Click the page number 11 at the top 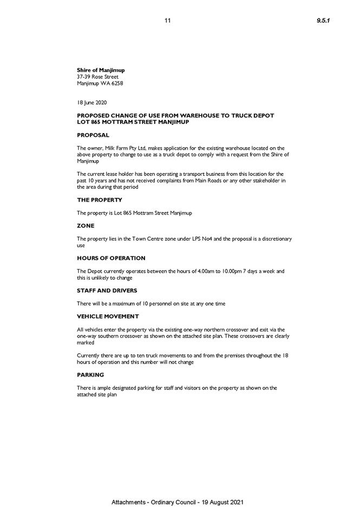pos(168,21)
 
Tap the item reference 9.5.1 pos(323,21)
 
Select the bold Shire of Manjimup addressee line pos(101,70)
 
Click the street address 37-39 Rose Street pos(97,77)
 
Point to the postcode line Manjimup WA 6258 pos(100,83)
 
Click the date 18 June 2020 pos(92,102)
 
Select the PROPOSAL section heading pos(93,135)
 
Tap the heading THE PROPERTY pos(100,200)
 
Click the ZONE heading pos(86,226)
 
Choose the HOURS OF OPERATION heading pos(111,258)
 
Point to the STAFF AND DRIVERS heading pos(107,290)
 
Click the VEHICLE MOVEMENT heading pos(108,316)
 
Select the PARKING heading pos(90,375)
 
